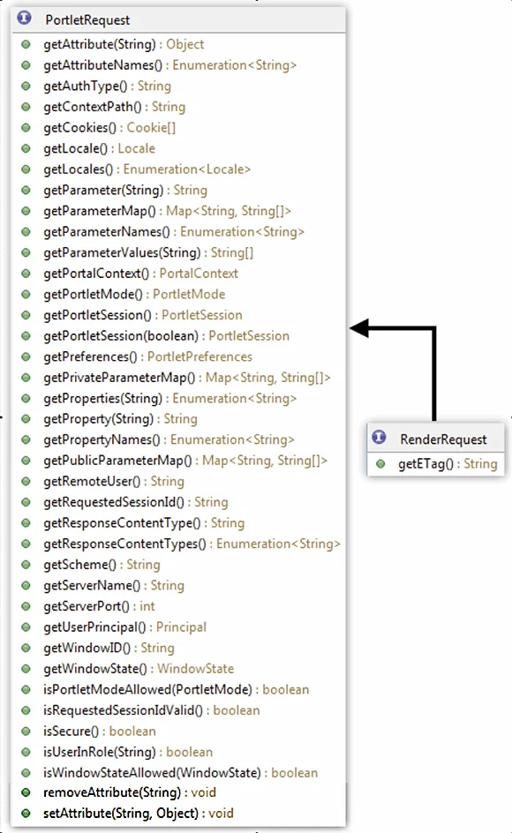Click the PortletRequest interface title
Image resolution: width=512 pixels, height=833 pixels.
click(87, 20)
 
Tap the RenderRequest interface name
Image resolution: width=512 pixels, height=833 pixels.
click(443, 439)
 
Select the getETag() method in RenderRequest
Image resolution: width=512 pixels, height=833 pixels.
click(425, 464)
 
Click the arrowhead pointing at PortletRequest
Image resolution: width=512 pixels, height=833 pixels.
click(359, 328)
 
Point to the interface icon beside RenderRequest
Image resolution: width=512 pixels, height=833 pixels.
click(379, 437)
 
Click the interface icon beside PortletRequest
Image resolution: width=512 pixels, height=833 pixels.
click(24, 18)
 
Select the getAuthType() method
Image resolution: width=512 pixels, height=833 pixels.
click(85, 86)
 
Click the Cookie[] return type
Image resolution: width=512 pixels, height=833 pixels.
click(151, 127)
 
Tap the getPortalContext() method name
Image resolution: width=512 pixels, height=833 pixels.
click(96, 274)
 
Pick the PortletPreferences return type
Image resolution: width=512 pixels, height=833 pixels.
click(200, 356)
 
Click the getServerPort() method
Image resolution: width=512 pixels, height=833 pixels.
click(87, 606)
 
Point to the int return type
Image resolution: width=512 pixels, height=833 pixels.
click(147, 606)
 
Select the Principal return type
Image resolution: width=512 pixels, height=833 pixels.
click(181, 627)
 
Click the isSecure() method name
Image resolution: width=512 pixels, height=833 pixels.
click(71, 731)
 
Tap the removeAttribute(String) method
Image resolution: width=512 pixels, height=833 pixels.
click(111, 792)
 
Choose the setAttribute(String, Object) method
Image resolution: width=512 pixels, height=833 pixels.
click(121, 814)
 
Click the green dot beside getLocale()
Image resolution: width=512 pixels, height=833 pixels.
click(26, 149)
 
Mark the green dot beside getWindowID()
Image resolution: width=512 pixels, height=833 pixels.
click(26, 648)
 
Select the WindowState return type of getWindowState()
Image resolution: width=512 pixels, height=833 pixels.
click(196, 669)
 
